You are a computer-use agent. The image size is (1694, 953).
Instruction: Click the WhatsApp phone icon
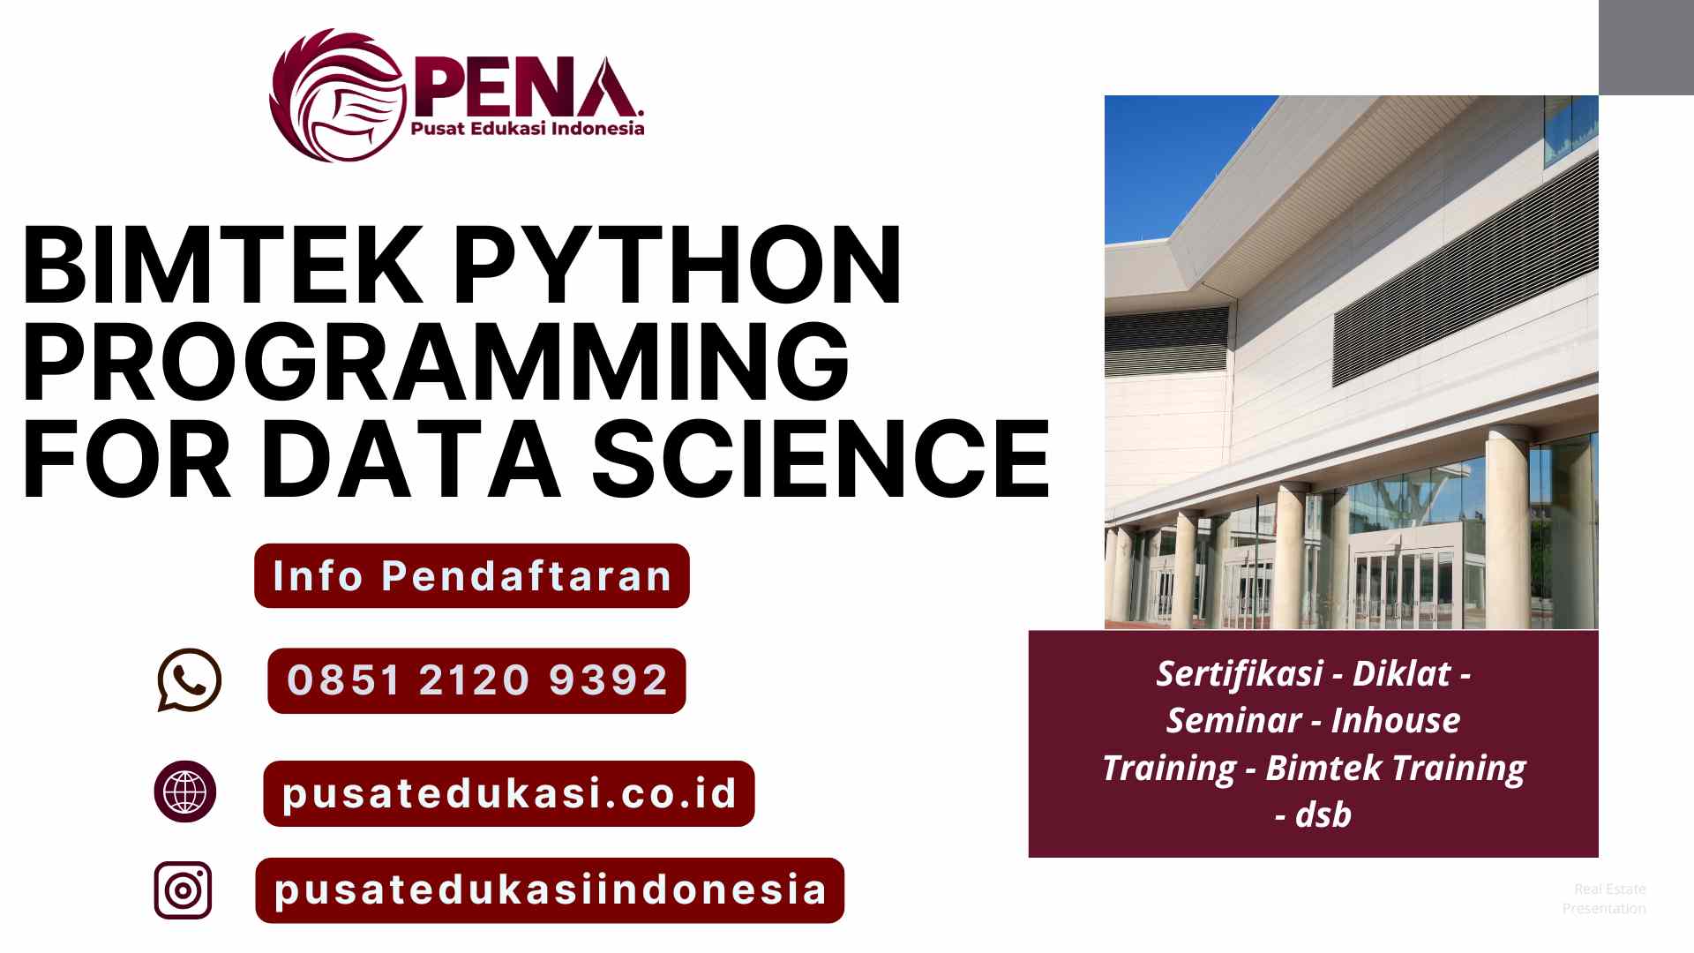[x=189, y=679]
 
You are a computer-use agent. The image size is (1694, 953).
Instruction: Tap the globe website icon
[x=185, y=792]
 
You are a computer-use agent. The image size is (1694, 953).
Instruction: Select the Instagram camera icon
[x=184, y=890]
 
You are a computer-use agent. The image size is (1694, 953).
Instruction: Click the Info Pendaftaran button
[x=472, y=576]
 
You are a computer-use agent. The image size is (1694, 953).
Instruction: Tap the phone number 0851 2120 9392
[x=476, y=680]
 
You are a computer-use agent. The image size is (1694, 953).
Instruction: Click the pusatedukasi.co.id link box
[x=509, y=793]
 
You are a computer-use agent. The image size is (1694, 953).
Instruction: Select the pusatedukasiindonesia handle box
[x=550, y=890]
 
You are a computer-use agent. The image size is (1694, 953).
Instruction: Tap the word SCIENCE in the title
[x=821, y=459]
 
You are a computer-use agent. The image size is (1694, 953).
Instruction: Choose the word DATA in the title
[x=410, y=459]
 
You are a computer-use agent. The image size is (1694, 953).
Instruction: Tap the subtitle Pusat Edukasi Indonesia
[x=528, y=129]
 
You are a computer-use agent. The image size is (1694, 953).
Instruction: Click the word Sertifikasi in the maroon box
[x=1239, y=674]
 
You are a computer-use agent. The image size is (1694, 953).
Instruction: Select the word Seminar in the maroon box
[x=1233, y=721]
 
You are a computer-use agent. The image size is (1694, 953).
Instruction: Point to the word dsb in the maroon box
[x=1323, y=814]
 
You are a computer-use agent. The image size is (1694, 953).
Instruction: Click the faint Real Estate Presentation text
[x=1605, y=898]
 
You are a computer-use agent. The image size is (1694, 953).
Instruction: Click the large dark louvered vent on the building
[x=1465, y=274]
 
